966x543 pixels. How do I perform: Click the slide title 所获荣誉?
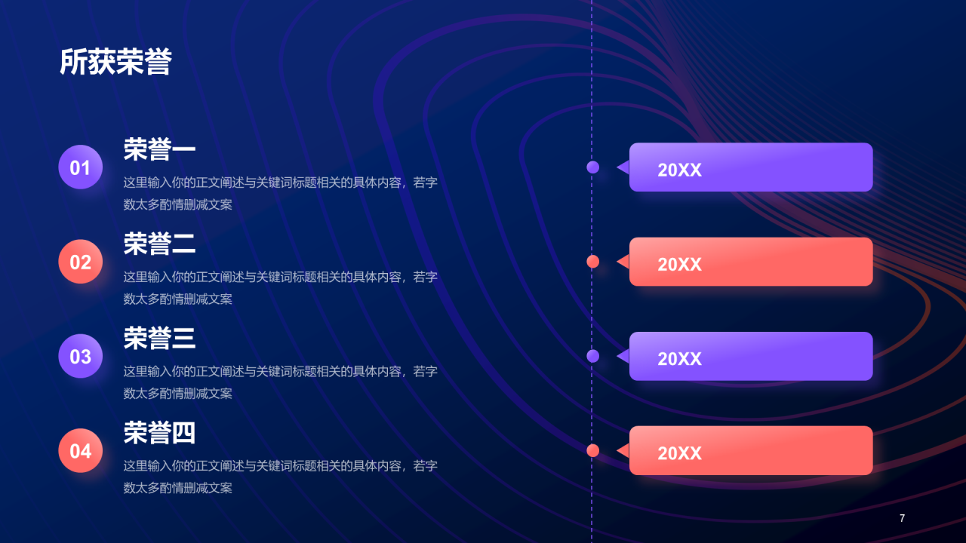pos(115,63)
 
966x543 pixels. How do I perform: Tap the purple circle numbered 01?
pos(81,167)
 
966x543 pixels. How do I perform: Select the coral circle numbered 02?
pos(81,262)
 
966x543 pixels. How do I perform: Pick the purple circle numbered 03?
pos(81,356)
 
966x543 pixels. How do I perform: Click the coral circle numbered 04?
pos(81,450)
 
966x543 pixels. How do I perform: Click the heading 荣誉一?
pos(159,149)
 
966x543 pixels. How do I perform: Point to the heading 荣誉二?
pos(159,244)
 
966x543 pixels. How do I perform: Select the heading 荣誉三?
pos(159,338)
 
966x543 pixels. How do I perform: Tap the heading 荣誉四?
pos(159,433)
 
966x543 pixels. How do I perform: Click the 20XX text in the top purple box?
pos(679,170)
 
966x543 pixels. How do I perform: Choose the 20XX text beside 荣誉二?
pos(679,264)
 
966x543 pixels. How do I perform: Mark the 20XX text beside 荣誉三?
pos(679,358)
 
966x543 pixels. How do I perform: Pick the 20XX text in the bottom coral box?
pos(679,452)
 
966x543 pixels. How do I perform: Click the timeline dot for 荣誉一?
pos(593,167)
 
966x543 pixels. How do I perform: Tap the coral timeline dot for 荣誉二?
pos(593,262)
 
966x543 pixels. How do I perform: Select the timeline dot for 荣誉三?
pos(593,356)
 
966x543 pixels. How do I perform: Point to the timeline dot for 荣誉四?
pos(593,450)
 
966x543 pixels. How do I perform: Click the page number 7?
pos(902,518)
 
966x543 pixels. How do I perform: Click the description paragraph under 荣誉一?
pos(280,193)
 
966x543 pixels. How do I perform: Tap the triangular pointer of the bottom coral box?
pos(623,450)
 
